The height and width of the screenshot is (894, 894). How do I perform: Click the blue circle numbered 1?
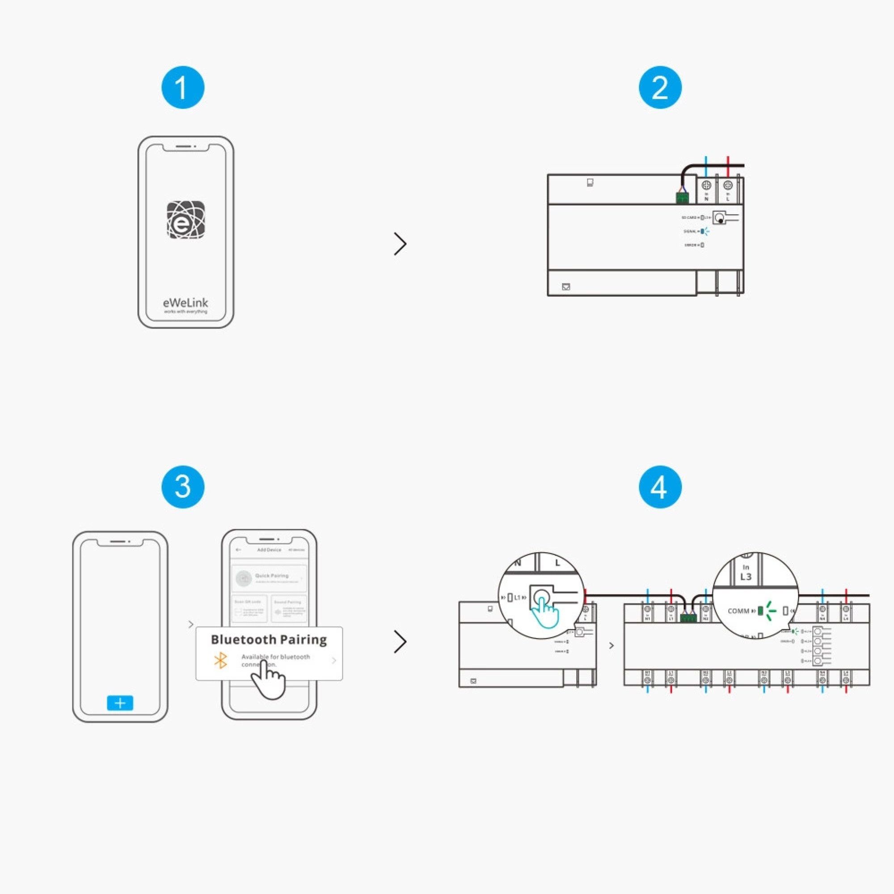point(183,88)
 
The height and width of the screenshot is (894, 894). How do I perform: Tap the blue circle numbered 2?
point(660,88)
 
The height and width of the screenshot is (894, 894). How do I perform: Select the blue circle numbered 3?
point(183,487)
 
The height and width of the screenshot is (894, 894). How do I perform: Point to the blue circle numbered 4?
point(660,487)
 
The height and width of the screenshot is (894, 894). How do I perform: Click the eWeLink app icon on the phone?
point(186,220)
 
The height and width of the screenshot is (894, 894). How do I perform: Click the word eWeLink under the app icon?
point(186,303)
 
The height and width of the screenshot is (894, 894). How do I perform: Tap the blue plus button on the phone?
point(120,703)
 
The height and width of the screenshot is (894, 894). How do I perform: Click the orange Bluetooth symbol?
point(221,660)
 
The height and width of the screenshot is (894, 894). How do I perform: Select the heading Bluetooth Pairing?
point(269,640)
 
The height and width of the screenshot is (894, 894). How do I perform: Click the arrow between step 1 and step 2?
point(400,244)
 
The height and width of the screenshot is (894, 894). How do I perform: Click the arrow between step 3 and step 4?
point(400,642)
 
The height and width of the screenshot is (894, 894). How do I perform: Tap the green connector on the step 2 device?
point(682,198)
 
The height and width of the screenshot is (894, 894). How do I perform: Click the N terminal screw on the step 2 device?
point(706,185)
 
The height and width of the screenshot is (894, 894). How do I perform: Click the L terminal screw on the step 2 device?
point(728,185)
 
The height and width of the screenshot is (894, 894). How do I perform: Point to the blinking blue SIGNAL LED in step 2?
point(702,231)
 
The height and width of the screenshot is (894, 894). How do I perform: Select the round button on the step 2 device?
point(720,218)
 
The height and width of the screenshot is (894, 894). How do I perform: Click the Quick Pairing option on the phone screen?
point(269,578)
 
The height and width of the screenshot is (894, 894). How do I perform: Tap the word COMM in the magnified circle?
point(738,611)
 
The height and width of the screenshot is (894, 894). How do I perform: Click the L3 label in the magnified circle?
point(746,577)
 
